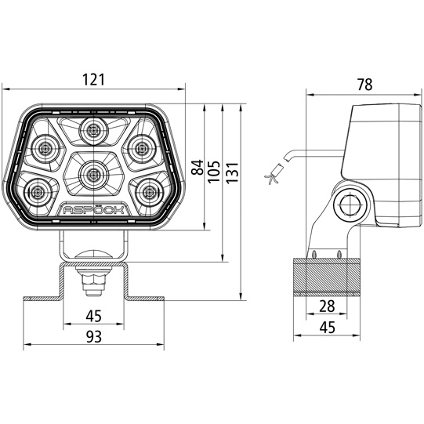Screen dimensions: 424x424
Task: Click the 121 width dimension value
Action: (x=96, y=80)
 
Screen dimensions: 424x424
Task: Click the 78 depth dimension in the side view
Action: (x=364, y=85)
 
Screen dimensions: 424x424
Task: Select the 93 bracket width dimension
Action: (x=93, y=336)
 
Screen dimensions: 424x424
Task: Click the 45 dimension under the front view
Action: (x=93, y=316)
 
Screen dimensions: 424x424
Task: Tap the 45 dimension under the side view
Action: (x=327, y=328)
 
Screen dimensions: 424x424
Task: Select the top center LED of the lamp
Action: (x=96, y=130)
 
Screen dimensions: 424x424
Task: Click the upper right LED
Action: (x=143, y=147)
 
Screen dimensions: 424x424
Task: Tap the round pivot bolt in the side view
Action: (x=350, y=205)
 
